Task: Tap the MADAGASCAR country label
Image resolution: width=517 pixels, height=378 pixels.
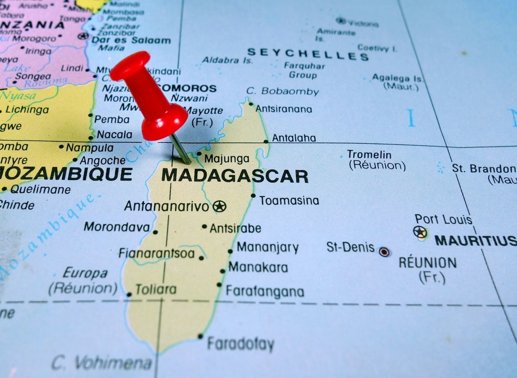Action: pos(235,176)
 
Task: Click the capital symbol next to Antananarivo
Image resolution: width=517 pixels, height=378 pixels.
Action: pos(220,206)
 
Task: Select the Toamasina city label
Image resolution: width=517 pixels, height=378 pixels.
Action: pos(289,201)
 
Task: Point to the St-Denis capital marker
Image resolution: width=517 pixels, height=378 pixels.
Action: pos(384,252)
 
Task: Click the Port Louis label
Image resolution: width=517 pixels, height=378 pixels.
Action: pos(444,219)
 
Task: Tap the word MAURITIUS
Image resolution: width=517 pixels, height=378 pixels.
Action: pos(475,240)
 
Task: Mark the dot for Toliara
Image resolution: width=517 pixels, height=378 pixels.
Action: pos(129,294)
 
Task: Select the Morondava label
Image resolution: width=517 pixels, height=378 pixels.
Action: pos(117,227)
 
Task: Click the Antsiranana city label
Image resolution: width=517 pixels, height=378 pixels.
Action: pos(284,109)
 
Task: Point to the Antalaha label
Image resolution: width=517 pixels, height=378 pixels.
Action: pos(294,138)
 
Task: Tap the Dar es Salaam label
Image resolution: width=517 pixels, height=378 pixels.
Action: pos(131,40)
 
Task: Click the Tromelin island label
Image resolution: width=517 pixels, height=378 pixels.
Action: pos(369,154)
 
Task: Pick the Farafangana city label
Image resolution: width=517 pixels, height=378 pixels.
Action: pos(265,292)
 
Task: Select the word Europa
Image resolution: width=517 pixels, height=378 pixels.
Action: pos(85,273)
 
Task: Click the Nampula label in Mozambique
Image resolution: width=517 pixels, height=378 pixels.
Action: pos(89,148)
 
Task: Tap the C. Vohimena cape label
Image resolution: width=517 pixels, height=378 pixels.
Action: pos(102,362)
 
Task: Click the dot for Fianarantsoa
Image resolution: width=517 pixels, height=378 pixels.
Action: pos(201,258)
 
